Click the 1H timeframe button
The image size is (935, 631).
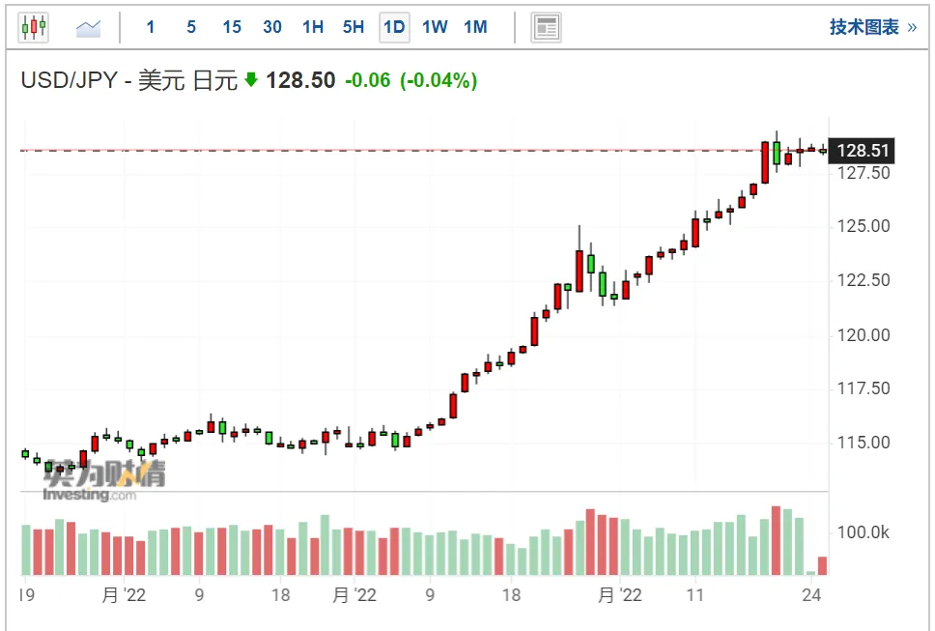(312, 27)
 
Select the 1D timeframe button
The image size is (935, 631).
(394, 27)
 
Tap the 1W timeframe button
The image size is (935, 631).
(435, 27)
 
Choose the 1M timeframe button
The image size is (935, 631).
(475, 27)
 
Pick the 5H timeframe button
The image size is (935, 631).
(353, 27)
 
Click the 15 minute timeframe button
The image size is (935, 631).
(232, 27)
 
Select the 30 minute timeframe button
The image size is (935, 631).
(272, 27)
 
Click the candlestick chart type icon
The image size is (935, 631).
(34, 27)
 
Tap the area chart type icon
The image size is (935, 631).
(88, 28)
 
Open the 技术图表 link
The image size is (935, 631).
(873, 27)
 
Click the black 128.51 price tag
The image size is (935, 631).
(863, 151)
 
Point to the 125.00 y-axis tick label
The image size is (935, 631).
(864, 226)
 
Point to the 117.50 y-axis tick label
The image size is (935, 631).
(864, 388)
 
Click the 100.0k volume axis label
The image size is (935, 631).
(863, 532)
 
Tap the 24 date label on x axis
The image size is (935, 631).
(811, 594)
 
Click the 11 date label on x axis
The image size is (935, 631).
(694, 594)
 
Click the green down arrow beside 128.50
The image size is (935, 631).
(251, 79)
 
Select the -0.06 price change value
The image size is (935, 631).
(368, 80)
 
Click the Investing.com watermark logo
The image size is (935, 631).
(90, 495)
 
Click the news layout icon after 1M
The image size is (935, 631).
(546, 27)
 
